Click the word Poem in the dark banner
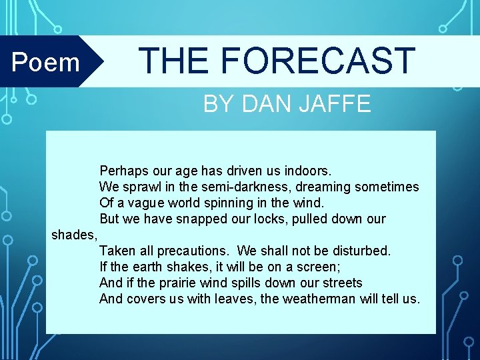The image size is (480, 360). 46,62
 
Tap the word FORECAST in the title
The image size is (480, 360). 318,61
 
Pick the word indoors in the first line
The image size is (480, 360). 307,171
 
